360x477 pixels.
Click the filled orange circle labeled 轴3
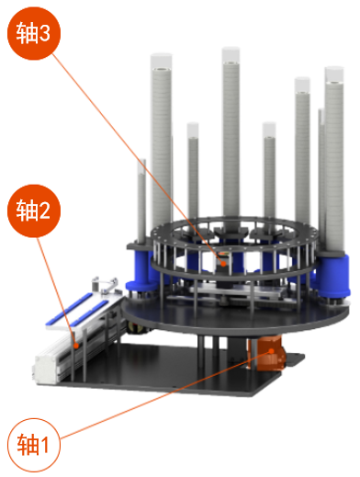34,33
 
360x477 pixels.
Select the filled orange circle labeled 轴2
34,210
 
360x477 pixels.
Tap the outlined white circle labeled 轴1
34,445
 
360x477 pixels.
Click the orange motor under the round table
268,353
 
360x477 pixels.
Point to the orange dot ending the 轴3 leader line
223,263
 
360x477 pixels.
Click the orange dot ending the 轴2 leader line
76,346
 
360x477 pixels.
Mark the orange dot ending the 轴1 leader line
271,351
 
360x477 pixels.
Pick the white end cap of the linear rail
47,369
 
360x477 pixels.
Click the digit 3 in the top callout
45,33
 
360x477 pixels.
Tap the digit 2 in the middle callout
45,210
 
